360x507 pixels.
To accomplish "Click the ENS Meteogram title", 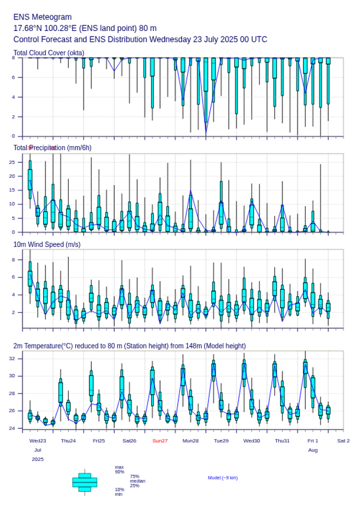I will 43,17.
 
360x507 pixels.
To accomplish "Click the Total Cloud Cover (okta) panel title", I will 49,53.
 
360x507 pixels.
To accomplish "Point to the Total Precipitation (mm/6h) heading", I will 53,148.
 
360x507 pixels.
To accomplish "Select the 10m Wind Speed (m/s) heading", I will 47,244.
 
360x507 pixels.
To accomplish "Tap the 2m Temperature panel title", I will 130,346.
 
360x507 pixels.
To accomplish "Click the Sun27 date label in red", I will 160,441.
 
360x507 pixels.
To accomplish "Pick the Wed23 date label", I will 38,441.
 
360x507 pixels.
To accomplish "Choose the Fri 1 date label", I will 313,441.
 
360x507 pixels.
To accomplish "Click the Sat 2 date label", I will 343,441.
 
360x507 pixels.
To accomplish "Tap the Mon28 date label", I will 191,441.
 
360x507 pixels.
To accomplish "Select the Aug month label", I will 313,451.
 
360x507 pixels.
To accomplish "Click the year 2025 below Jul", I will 38,459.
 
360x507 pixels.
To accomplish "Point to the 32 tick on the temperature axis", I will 19,359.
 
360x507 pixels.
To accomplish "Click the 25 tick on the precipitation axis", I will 19,162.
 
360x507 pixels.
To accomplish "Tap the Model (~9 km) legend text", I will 223,478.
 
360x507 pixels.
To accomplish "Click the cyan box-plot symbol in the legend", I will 85,482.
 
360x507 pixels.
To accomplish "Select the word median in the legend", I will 137,481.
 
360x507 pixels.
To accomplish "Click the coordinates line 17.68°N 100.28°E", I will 85,28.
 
